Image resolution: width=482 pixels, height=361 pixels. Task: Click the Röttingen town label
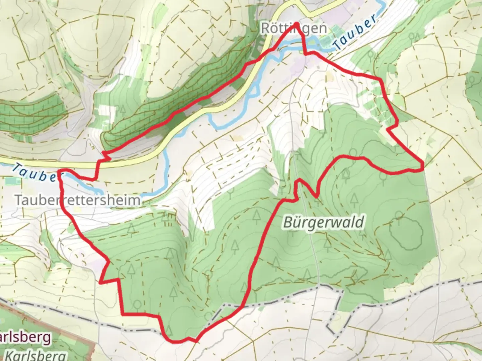coord(294,28)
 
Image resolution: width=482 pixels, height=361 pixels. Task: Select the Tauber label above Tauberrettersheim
coord(33,173)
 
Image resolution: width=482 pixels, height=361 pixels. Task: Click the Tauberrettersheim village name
coord(78,200)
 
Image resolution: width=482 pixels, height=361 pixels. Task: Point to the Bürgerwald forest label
coord(323,222)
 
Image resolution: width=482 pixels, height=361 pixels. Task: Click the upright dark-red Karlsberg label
coord(25,338)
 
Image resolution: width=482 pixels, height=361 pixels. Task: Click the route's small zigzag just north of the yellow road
coord(106,155)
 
